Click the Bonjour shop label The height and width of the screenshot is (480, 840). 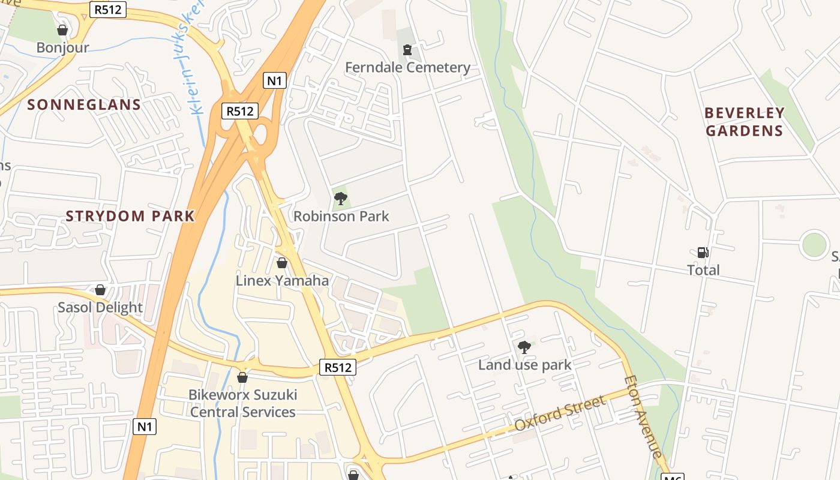(x=62, y=47)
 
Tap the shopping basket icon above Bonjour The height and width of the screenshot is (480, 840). (x=62, y=29)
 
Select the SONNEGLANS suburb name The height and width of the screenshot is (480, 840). (x=84, y=105)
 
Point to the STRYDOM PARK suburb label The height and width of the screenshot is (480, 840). (x=130, y=216)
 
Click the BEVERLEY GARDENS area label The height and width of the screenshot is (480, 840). (x=745, y=122)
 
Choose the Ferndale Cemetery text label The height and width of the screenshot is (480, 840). (x=407, y=67)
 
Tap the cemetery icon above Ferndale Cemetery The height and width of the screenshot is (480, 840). (x=407, y=49)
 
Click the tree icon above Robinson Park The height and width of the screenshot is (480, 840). (x=341, y=198)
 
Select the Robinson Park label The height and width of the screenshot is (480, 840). (x=341, y=216)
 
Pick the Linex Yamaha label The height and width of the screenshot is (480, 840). (x=282, y=280)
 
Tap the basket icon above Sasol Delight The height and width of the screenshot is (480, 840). (x=100, y=290)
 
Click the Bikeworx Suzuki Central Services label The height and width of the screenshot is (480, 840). (x=242, y=403)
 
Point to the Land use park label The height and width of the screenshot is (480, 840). (x=524, y=365)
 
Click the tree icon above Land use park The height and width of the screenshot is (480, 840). (x=524, y=347)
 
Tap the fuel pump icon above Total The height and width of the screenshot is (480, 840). (x=703, y=253)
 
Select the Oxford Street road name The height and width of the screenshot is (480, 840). (x=561, y=413)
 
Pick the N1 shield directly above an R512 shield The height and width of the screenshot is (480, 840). (x=275, y=80)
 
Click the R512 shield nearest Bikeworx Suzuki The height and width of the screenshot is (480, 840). (x=338, y=367)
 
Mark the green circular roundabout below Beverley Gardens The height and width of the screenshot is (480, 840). (x=814, y=245)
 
